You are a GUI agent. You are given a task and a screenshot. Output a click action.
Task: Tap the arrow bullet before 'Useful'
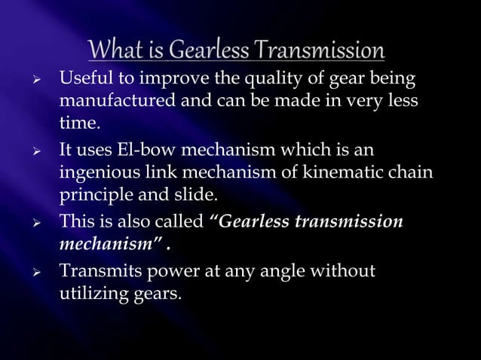[x=45, y=78]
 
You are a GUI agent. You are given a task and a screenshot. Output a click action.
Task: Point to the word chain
[x=412, y=173]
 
